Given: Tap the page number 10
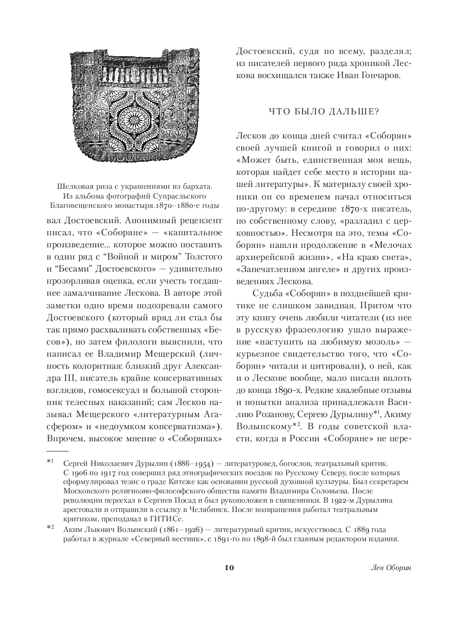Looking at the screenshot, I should coord(229,568).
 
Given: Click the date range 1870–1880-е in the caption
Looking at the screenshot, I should coord(189,205).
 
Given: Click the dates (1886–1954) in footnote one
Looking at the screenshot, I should coord(184,464).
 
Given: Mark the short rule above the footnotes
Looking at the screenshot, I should coord(57,451).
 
